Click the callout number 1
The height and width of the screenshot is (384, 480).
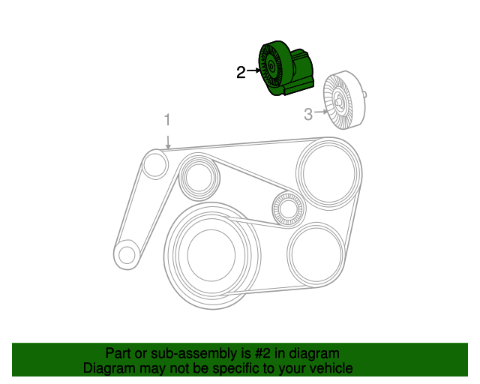point(168,120)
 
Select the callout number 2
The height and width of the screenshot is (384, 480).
point(241,72)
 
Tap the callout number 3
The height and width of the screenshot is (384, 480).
point(307,114)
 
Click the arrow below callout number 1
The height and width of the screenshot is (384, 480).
point(168,139)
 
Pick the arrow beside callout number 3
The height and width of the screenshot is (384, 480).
point(321,113)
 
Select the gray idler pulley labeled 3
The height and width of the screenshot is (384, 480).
point(341,102)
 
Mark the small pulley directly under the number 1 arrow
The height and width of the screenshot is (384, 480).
point(155,164)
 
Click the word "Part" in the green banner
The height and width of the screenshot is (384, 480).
point(118,353)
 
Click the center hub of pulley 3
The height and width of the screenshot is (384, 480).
point(339,102)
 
